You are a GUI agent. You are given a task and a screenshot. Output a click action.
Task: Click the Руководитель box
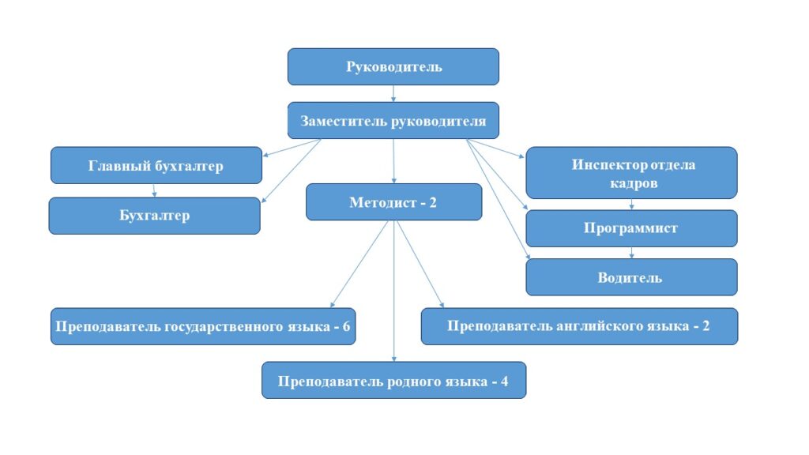pos(393,66)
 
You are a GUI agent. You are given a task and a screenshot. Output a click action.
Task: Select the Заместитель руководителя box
pos(393,121)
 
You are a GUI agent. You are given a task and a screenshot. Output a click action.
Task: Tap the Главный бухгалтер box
pos(156,166)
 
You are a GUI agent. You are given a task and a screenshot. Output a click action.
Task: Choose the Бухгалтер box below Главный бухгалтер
pos(154,216)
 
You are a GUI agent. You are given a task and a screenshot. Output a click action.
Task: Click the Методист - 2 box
pos(393,202)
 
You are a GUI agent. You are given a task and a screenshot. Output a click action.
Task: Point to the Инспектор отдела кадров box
pos(631,173)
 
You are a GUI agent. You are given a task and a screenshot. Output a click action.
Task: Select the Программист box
pos(631,228)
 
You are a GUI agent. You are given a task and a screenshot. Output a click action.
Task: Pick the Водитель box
pos(631,277)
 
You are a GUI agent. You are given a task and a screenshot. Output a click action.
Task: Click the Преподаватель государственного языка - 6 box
pos(203,326)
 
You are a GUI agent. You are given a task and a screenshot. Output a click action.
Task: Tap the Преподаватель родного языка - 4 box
pos(393,381)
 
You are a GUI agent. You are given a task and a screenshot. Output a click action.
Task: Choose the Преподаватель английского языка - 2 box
pos(579,326)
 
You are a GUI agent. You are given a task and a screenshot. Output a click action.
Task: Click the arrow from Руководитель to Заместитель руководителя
pos(393,93)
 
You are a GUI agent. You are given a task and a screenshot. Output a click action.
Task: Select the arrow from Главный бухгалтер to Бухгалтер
pos(155,190)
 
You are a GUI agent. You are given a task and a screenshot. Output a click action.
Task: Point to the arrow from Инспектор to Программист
pos(632,204)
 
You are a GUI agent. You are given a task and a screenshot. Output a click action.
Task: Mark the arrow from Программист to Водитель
pos(632,253)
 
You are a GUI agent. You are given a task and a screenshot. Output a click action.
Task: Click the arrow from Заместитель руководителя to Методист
pos(393,161)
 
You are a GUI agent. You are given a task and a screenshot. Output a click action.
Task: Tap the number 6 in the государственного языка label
pos(346,326)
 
